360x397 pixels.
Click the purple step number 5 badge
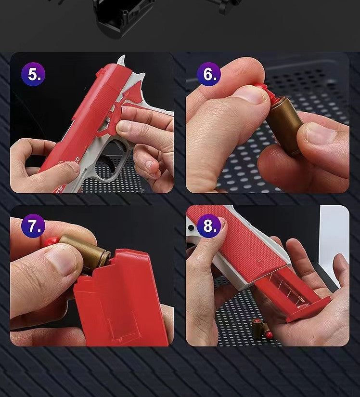[33, 74]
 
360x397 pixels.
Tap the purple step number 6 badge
[209, 74]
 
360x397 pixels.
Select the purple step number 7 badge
[33, 226]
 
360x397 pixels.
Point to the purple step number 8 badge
[209, 226]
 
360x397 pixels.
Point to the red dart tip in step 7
[52, 241]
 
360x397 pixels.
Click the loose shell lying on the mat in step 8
[260, 329]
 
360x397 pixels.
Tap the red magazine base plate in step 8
[309, 309]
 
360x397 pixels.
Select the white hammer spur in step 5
[122, 60]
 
